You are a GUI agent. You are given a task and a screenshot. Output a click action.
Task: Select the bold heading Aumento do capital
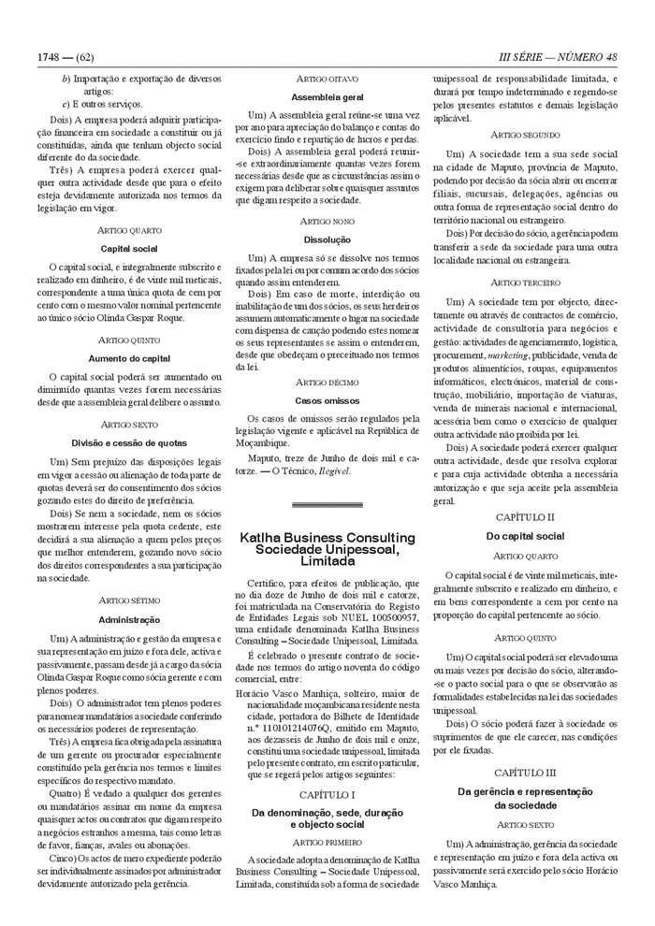tap(129, 358)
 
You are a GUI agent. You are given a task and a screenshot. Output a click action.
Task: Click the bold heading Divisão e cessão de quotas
tap(129, 442)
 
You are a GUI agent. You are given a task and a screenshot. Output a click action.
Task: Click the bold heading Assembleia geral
tap(327, 96)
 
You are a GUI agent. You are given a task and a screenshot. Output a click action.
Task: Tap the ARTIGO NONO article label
tap(327, 221)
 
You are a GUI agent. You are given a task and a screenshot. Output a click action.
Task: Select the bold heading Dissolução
tap(327, 239)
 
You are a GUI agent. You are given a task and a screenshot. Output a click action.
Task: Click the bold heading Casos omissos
tap(327, 400)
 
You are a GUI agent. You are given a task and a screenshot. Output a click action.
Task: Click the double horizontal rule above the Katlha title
tap(327, 505)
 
